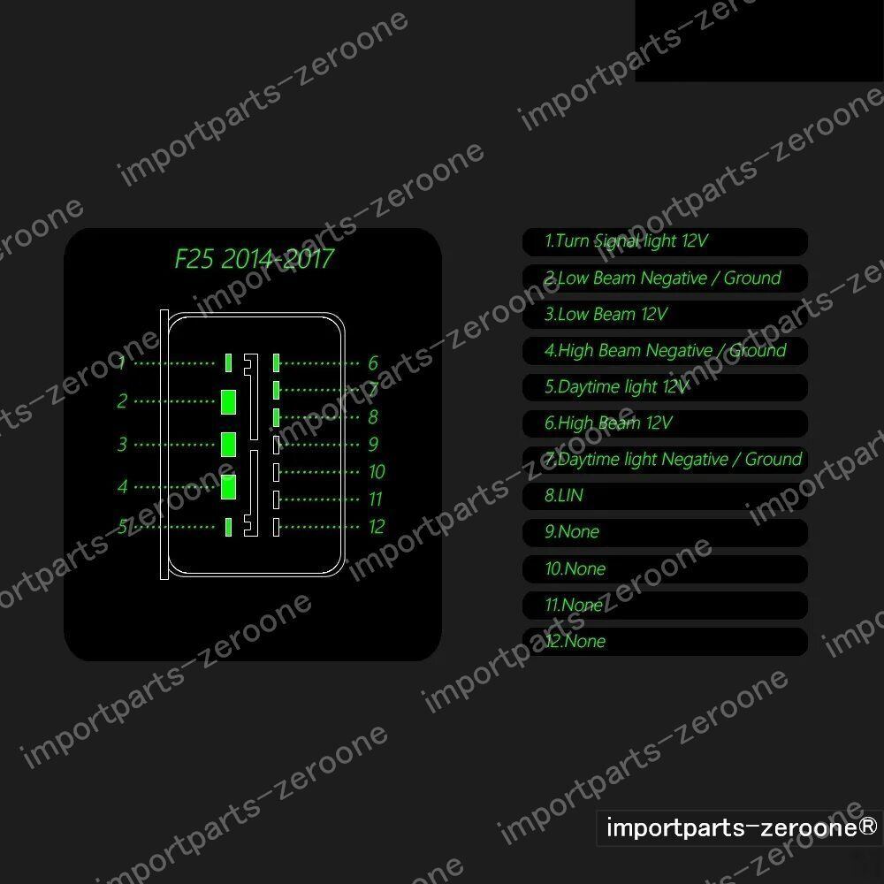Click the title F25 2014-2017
coord(254,259)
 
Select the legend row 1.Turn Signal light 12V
coord(665,241)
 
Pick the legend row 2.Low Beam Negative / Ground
coord(665,278)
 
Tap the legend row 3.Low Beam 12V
coord(665,314)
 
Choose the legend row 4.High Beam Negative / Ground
coord(665,350)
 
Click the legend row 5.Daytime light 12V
coord(665,386)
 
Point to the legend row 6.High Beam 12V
coord(665,423)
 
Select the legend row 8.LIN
coord(665,496)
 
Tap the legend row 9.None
coord(665,532)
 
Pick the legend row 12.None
coord(665,642)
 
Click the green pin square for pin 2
coord(228,400)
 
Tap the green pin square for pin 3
coord(228,443)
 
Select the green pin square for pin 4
coord(228,485)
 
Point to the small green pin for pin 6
coord(277,362)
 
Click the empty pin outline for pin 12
coord(277,527)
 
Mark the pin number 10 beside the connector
coord(377,472)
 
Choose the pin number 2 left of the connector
coord(122,401)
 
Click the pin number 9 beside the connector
coord(373,445)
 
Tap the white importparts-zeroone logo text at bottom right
coord(741,828)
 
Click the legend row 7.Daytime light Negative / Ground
coord(665,460)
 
